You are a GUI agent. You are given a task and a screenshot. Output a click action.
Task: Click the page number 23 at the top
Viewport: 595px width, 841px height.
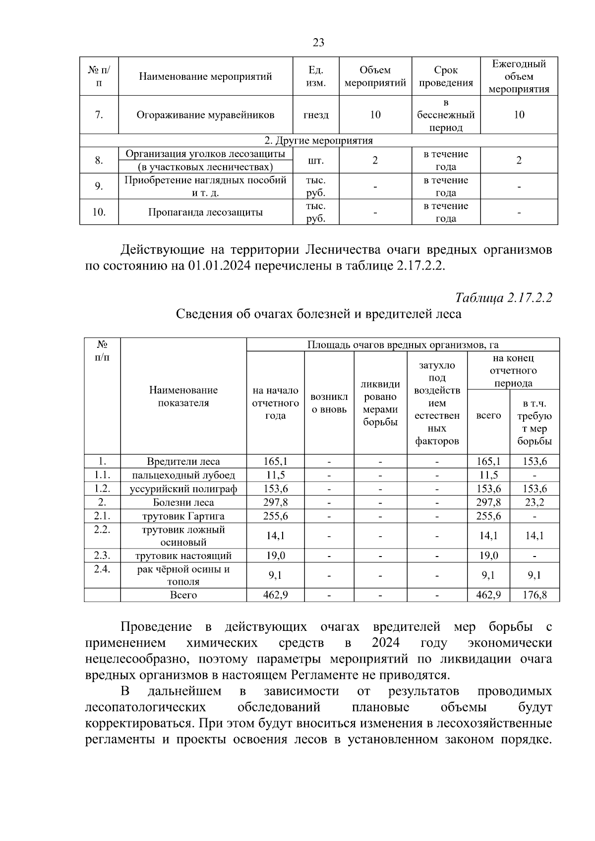coord(318,43)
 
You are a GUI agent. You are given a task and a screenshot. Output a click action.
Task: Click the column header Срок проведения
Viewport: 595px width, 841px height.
coord(446,76)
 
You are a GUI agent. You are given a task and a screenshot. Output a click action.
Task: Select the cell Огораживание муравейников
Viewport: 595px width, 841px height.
coord(205,115)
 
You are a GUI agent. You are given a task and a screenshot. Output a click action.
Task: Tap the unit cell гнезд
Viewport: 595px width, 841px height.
coord(315,115)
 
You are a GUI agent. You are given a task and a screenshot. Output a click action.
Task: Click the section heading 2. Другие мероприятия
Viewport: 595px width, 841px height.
coord(318,141)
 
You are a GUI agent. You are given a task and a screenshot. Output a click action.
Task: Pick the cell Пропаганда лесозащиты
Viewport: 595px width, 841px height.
coord(205,213)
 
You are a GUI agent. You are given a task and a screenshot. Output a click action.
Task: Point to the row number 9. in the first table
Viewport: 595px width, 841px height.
coord(99,186)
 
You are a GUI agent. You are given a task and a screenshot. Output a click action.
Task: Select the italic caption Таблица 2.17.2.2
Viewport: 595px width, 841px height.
coord(504,297)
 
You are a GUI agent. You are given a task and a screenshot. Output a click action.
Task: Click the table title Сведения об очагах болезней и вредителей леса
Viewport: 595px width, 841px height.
coord(318,314)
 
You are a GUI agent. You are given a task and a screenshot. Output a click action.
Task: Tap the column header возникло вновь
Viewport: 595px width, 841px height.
coord(329,403)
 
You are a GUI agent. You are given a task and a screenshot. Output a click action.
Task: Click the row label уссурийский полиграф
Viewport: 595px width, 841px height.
coord(183,489)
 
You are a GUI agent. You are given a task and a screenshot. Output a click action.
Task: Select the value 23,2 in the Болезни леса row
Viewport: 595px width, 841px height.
coord(534,503)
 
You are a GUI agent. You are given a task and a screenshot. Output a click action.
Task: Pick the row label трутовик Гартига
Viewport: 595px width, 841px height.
coord(183,516)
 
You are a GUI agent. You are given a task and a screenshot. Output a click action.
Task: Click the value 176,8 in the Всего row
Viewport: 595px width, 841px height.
coord(534,595)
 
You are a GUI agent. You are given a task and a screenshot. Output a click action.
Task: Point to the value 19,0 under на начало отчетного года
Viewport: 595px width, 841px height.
coord(275,556)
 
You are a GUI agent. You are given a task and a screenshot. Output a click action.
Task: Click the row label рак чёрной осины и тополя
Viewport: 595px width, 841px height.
coord(183,575)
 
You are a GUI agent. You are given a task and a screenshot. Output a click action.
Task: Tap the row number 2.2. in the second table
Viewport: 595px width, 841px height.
coord(102,530)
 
